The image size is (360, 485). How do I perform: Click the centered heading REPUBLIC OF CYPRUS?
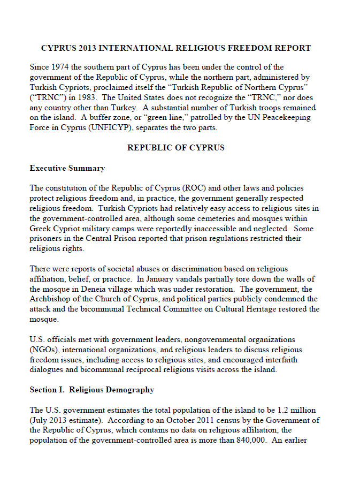coord(176,147)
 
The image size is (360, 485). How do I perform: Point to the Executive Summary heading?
coord(67,168)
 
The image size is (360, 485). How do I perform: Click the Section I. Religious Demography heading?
coord(92,390)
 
